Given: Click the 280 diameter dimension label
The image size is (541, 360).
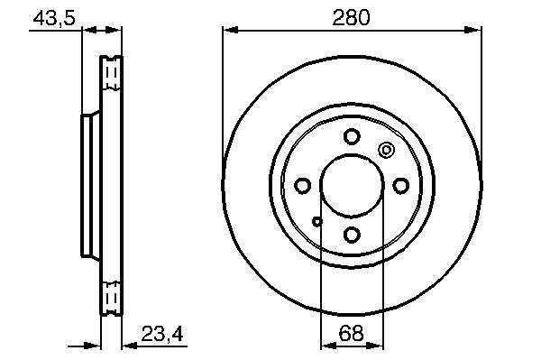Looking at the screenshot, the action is pos(351,18).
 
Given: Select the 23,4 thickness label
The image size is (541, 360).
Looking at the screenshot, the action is pos(162,334).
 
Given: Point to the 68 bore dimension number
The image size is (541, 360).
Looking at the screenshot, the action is pos(352,333).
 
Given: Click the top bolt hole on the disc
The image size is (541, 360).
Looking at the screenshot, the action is pos(352,136).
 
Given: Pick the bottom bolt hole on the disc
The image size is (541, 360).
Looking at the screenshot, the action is pos(352,235).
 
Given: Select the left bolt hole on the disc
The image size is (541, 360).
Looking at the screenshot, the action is pos(303,186).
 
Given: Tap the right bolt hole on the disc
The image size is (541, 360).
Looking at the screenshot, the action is pos(401,186).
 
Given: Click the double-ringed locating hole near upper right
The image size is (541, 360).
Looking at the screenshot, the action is pos(387,150).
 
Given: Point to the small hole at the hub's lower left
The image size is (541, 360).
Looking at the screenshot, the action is pos(317,221).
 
